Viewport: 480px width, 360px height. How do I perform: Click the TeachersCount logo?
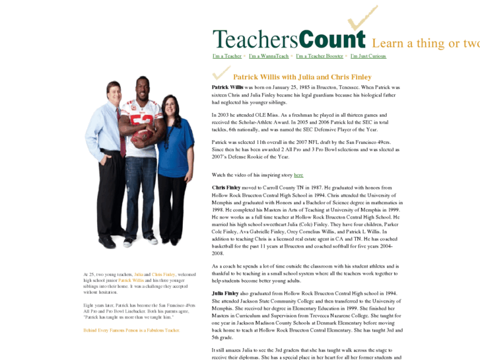pos(289,39)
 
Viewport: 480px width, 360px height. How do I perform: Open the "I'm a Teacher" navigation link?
pos(227,56)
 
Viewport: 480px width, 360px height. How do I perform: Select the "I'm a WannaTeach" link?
pos(268,56)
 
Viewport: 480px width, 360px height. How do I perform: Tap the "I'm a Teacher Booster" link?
pos(319,56)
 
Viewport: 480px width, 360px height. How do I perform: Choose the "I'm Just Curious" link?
pos(368,56)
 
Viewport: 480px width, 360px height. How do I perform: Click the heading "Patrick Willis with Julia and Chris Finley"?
pos(302,77)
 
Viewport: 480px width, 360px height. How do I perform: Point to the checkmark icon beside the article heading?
pos(217,76)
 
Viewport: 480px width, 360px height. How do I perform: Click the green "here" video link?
pos(298,175)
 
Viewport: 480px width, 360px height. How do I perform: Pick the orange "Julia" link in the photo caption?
pos(139,274)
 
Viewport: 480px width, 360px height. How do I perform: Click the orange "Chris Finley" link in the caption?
pos(163,274)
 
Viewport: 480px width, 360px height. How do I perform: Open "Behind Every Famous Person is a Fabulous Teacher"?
pos(131,330)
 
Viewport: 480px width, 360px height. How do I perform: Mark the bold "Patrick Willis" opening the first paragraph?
pos(228,87)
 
